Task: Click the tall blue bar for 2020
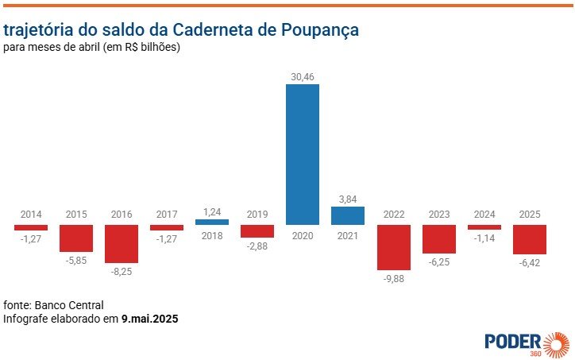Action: click(303, 154)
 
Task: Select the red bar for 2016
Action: click(122, 243)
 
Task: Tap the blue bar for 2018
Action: click(212, 222)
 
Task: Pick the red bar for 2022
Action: click(393, 246)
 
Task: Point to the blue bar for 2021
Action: click(348, 215)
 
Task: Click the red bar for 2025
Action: click(529, 238)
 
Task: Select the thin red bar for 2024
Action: click(484, 227)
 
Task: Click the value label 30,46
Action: click(303, 75)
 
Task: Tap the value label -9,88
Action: click(393, 278)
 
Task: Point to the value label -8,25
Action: click(122, 272)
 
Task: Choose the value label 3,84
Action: click(348, 199)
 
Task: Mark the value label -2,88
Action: click(257, 246)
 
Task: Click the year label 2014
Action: click(31, 215)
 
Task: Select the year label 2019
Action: click(257, 215)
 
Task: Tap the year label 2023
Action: click(438, 215)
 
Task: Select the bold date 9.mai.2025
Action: click(149, 319)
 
